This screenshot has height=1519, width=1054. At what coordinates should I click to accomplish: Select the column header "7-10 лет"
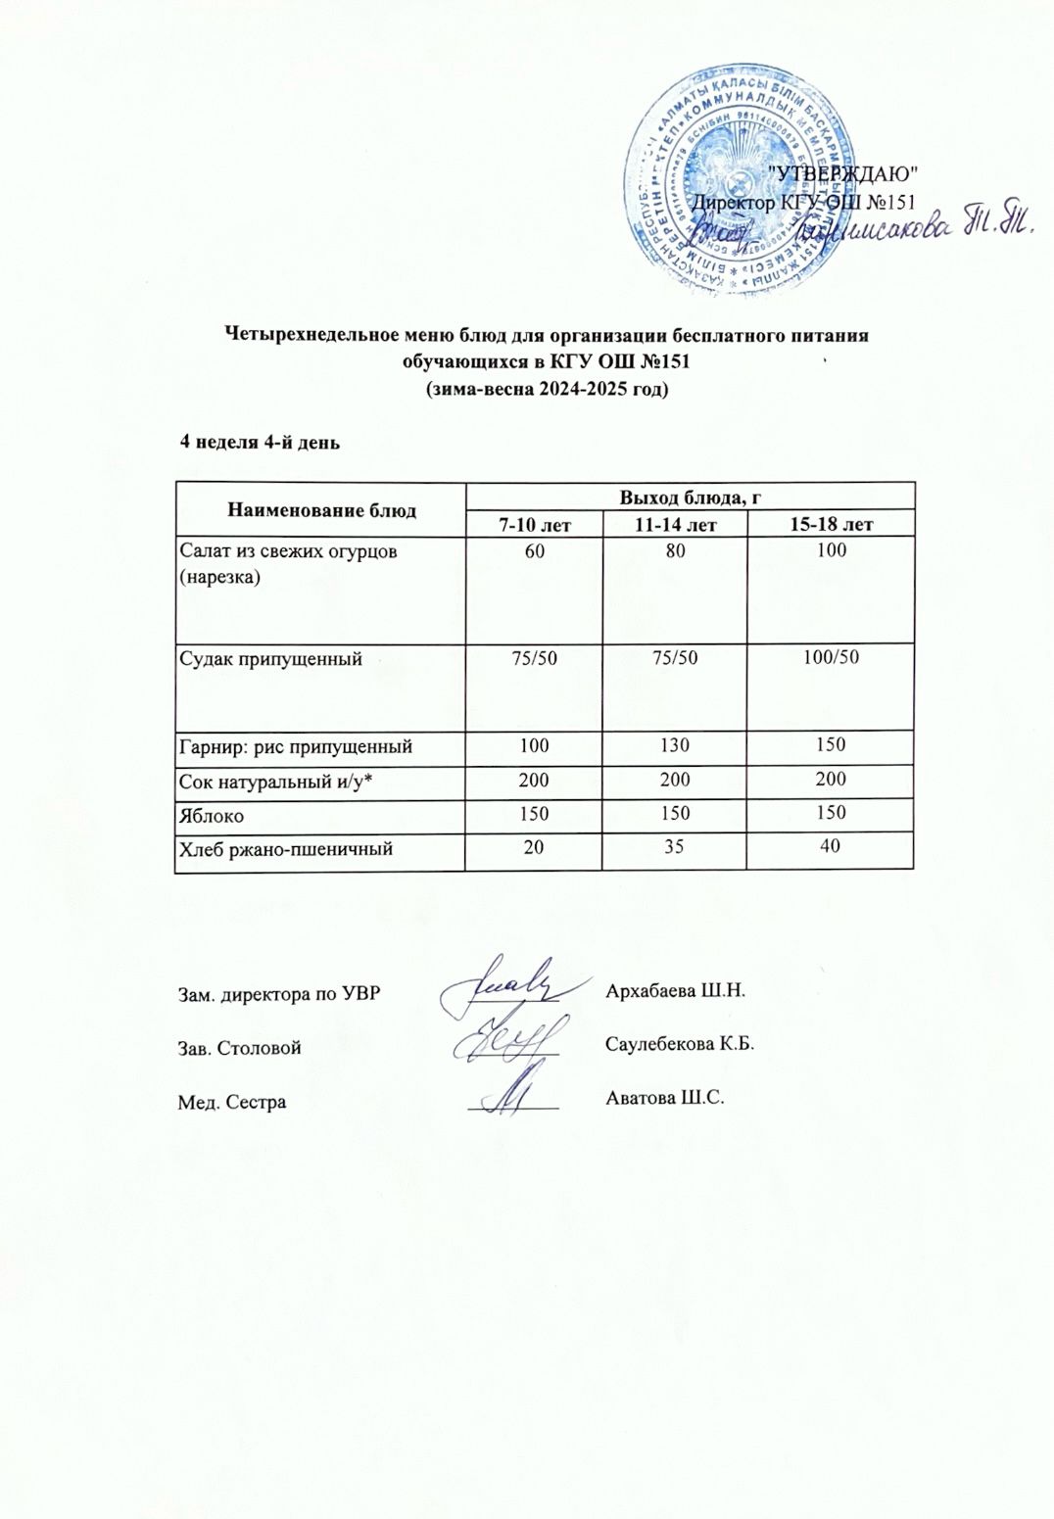(535, 525)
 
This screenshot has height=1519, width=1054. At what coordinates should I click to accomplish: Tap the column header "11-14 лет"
(676, 525)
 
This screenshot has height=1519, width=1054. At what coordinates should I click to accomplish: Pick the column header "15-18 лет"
(831, 525)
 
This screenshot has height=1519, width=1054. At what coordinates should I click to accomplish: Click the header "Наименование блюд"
(321, 510)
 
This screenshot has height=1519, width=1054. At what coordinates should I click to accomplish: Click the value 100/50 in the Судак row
(831, 657)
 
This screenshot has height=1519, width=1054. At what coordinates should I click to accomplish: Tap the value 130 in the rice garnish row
(676, 745)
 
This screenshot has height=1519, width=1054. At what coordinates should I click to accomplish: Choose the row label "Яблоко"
(212, 815)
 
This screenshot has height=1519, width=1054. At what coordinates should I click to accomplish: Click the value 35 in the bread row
(676, 847)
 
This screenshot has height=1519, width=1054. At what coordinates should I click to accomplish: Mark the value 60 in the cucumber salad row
(535, 551)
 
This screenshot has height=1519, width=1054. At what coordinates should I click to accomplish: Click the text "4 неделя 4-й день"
(260, 442)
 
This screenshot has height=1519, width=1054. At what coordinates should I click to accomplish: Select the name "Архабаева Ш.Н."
(677, 990)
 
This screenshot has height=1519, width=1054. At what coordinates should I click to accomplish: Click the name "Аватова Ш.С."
(666, 1098)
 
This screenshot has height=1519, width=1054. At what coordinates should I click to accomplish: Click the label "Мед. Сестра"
(232, 1103)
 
